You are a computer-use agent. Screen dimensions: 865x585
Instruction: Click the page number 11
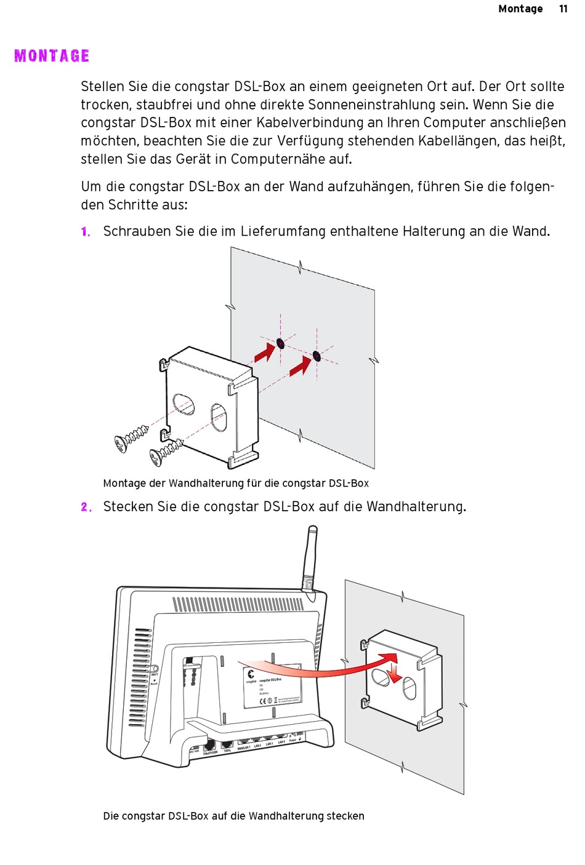click(563, 9)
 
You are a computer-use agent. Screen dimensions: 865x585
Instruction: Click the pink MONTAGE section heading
click(52, 56)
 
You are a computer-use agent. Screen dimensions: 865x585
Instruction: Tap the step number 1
click(86, 232)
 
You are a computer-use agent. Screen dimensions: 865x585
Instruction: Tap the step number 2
click(86, 507)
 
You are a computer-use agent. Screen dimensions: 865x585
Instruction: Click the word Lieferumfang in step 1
click(283, 231)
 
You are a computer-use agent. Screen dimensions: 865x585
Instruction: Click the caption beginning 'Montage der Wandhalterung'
click(236, 484)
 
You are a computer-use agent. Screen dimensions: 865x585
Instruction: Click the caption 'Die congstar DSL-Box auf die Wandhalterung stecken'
click(233, 816)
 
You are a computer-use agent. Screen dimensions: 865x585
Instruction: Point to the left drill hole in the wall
click(280, 343)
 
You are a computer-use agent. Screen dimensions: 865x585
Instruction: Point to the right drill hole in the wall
click(317, 356)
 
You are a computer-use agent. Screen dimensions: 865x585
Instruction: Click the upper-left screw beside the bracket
click(131, 438)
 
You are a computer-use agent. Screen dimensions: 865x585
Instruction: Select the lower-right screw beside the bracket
click(165, 453)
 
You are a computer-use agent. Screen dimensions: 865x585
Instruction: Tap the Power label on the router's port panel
click(293, 741)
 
